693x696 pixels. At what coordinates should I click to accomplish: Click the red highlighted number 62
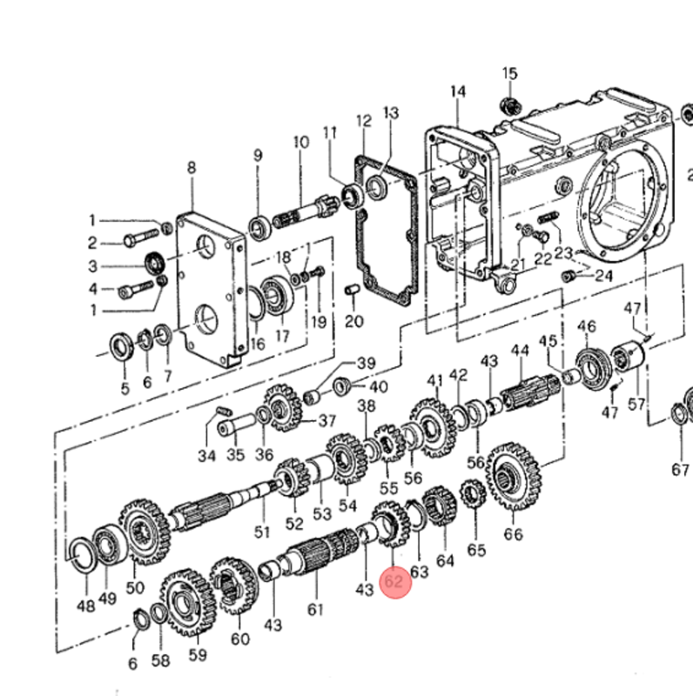pyautogui.click(x=394, y=581)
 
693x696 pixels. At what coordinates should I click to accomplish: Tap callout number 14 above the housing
pyautogui.click(x=458, y=91)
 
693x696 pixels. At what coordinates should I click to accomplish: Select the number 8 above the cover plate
pyautogui.click(x=192, y=167)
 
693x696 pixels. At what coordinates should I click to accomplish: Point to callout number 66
pyautogui.click(x=514, y=534)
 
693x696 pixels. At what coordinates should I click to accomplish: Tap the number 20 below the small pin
pyautogui.click(x=353, y=322)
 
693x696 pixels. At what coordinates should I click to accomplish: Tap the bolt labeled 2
pyautogui.click(x=139, y=242)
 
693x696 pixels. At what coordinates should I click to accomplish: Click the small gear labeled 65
pyautogui.click(x=474, y=498)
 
